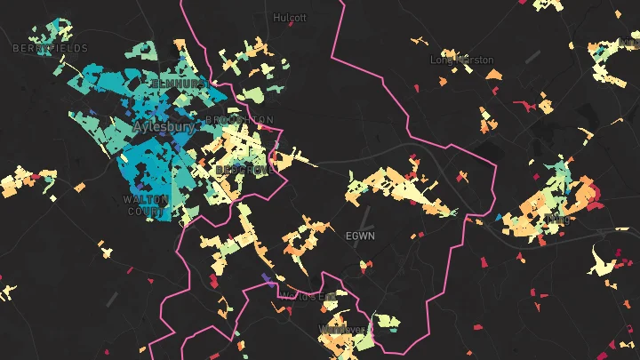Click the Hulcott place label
click(x=290, y=17)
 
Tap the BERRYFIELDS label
click(x=50, y=48)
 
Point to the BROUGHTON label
click(x=239, y=120)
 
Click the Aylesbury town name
click(x=164, y=128)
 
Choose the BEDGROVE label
click(x=241, y=169)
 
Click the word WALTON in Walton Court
click(x=147, y=200)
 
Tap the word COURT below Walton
click(x=147, y=212)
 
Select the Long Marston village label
click(x=461, y=60)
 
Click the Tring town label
click(x=557, y=218)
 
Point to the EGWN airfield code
click(x=360, y=236)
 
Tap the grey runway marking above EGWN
click(x=364, y=216)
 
